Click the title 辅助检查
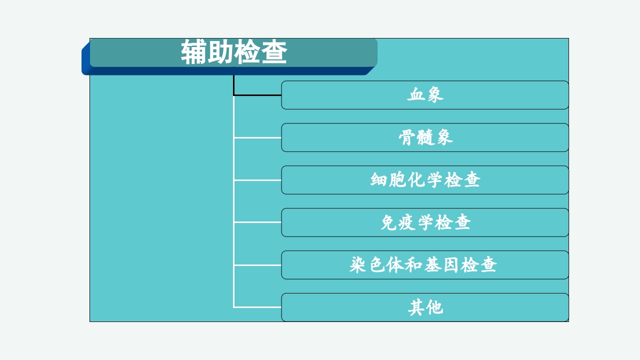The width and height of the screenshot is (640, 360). click(233, 52)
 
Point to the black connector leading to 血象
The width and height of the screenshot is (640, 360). click(257, 94)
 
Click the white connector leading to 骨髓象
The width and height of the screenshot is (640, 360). click(257, 137)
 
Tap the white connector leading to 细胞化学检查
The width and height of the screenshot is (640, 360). click(257, 180)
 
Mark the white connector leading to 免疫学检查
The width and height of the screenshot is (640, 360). click(257, 222)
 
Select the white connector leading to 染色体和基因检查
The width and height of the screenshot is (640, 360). click(257, 265)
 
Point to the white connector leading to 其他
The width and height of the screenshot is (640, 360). click(257, 307)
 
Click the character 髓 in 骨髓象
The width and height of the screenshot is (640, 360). click(425, 137)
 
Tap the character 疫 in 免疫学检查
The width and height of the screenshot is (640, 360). click(407, 222)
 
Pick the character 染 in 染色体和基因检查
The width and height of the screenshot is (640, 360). click(358, 265)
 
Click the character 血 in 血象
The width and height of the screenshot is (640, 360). click(416, 95)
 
